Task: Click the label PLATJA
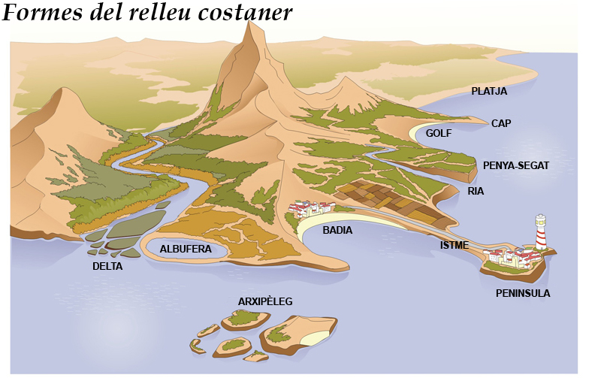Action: coord(489,92)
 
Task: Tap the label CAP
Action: coord(501,123)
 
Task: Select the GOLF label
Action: coord(439,134)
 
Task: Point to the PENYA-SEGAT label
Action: coord(515,165)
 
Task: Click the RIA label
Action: coord(476,191)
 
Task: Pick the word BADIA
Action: coord(337,230)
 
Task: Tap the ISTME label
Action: coord(455,245)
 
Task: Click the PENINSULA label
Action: coord(523,293)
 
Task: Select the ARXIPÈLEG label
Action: coord(265,301)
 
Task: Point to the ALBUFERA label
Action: coord(186,249)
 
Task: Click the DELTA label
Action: coord(107,266)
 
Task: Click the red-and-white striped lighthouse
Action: coord(540,232)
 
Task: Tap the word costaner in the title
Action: coord(245,13)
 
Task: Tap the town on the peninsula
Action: coord(515,259)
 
